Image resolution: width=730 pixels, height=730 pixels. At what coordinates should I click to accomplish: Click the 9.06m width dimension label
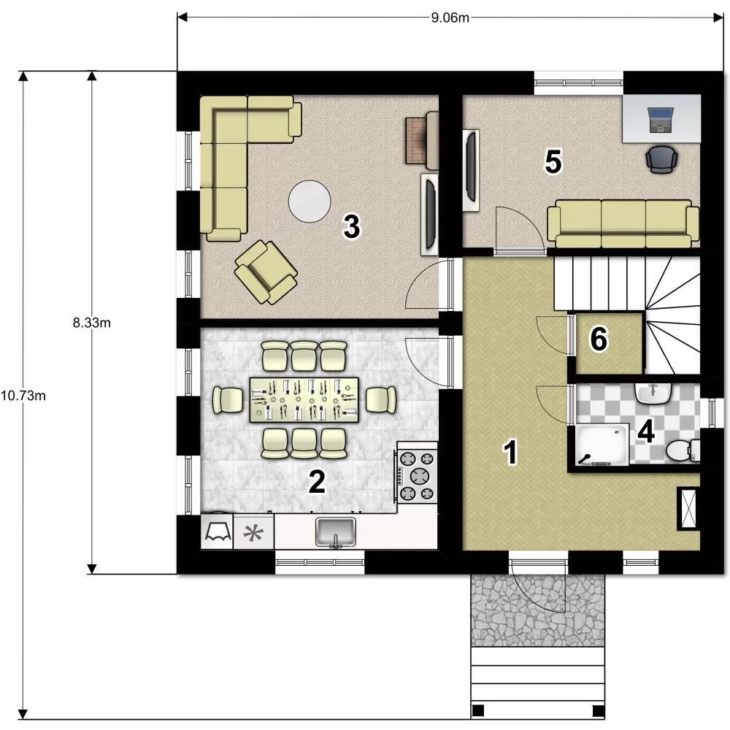pyautogui.click(x=450, y=18)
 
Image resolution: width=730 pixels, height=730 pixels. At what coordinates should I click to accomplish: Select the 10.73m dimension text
pyautogui.click(x=23, y=396)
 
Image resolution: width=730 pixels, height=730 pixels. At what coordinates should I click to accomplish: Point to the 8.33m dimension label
pyautogui.click(x=92, y=322)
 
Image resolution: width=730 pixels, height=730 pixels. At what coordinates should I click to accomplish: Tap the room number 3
pyautogui.click(x=352, y=226)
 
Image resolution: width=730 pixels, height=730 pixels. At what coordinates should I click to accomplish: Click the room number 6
pyautogui.click(x=599, y=339)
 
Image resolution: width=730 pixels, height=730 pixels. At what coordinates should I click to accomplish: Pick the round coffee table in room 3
pyautogui.click(x=310, y=201)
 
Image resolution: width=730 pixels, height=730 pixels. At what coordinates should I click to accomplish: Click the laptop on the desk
pyautogui.click(x=661, y=120)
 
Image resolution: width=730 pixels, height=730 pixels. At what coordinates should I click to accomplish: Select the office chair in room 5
pyautogui.click(x=661, y=159)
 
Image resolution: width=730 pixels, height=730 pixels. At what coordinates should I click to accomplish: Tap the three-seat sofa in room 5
pyautogui.click(x=623, y=224)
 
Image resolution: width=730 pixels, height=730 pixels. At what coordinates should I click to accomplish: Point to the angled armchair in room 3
pyautogui.click(x=266, y=272)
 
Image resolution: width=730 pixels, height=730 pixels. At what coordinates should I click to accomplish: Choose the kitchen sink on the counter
pyautogui.click(x=335, y=531)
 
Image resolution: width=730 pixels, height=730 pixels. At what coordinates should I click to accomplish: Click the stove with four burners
pyautogui.click(x=417, y=476)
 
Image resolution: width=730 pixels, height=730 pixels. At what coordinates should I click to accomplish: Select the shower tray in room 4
pyautogui.click(x=602, y=445)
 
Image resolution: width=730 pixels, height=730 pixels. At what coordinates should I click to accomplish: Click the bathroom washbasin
pyautogui.click(x=653, y=394)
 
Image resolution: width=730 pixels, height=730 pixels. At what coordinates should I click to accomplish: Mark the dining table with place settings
pyautogui.click(x=304, y=400)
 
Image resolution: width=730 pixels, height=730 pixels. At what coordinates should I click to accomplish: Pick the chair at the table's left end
pyautogui.click(x=228, y=400)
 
